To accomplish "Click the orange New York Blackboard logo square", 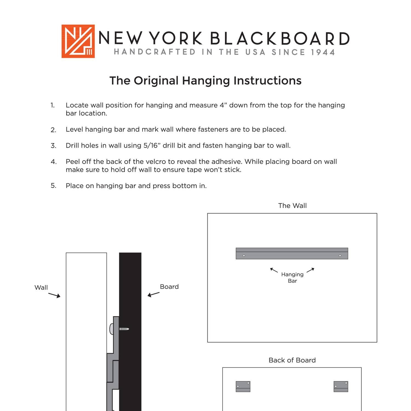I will coord(78,41).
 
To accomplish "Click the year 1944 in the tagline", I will coord(323,52).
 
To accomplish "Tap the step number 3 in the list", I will coord(53,146).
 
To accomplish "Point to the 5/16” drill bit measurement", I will coord(151,145).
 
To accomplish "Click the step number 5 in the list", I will coord(53,186).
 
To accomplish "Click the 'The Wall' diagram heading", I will coord(292,206).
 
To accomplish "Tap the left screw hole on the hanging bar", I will coord(244,256).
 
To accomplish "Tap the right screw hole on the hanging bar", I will coord(340,256).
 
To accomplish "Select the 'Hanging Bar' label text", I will coord(292,278).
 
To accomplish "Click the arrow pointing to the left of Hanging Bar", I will coord(274,270).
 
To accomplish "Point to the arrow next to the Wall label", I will coord(54,295).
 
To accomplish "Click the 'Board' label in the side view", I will coord(169,287).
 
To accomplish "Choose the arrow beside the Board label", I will coord(153,294).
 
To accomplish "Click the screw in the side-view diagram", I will coord(124,329).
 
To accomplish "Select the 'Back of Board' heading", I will coord(292,360).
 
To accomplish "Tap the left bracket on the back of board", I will coord(243,386).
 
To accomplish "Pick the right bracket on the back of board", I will coord(341,386).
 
